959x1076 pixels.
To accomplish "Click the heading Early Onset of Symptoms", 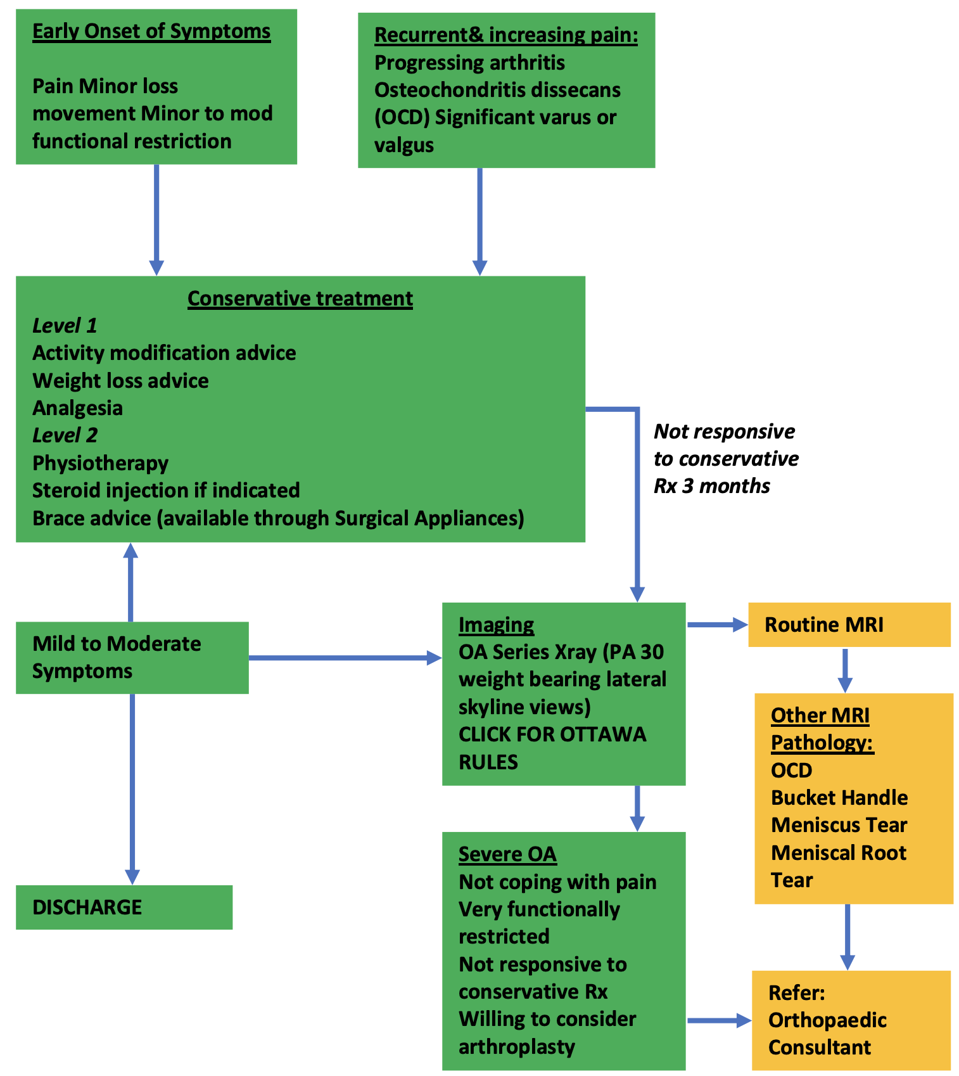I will [151, 31].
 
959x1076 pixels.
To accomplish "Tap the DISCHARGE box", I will [124, 907].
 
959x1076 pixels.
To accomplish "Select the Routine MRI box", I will [848, 625].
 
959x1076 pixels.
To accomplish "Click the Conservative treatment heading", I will [300, 298].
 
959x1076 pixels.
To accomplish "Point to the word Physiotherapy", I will [100, 463].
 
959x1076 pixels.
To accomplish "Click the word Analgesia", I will [77, 408].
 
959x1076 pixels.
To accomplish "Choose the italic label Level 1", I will [65, 326].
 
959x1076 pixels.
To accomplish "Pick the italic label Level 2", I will [65, 435].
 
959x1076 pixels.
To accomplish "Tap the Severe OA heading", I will [507, 854].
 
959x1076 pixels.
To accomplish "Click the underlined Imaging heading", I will [496, 625].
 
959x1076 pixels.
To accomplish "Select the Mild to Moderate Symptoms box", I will [132, 657].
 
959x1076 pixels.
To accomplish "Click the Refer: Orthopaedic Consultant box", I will [851, 1020].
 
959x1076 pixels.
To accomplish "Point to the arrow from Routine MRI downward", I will [844, 670].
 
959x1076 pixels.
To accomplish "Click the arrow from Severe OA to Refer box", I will [718, 1020].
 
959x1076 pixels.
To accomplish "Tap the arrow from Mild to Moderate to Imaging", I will [345, 658].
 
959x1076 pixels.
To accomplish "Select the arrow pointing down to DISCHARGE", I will [132, 789].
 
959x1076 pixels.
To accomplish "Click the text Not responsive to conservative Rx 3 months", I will [725, 459].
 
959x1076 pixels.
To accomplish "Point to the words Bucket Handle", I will [839, 798].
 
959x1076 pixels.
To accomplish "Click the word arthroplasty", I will [516, 1047].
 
